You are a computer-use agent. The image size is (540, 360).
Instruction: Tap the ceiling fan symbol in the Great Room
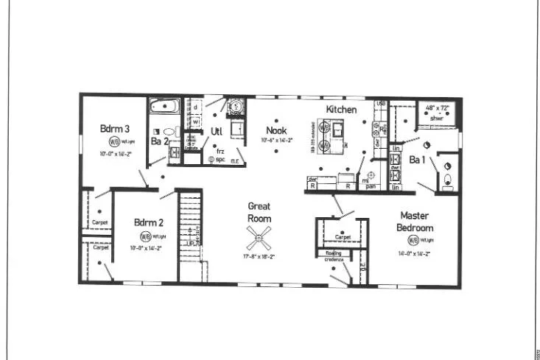click(x=260, y=236)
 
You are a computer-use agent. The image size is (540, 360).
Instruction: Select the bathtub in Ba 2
click(x=164, y=107)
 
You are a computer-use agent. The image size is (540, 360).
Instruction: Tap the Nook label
click(x=276, y=130)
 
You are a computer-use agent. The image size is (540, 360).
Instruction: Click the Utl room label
click(x=217, y=131)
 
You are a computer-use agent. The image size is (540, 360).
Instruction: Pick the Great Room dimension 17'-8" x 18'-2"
click(x=259, y=257)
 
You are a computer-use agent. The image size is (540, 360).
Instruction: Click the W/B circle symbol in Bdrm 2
click(x=145, y=236)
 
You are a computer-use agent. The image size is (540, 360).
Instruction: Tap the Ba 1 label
click(x=417, y=160)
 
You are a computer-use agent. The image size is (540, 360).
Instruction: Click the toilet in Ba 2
click(x=169, y=132)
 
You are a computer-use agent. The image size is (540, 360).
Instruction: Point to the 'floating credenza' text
click(x=331, y=256)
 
